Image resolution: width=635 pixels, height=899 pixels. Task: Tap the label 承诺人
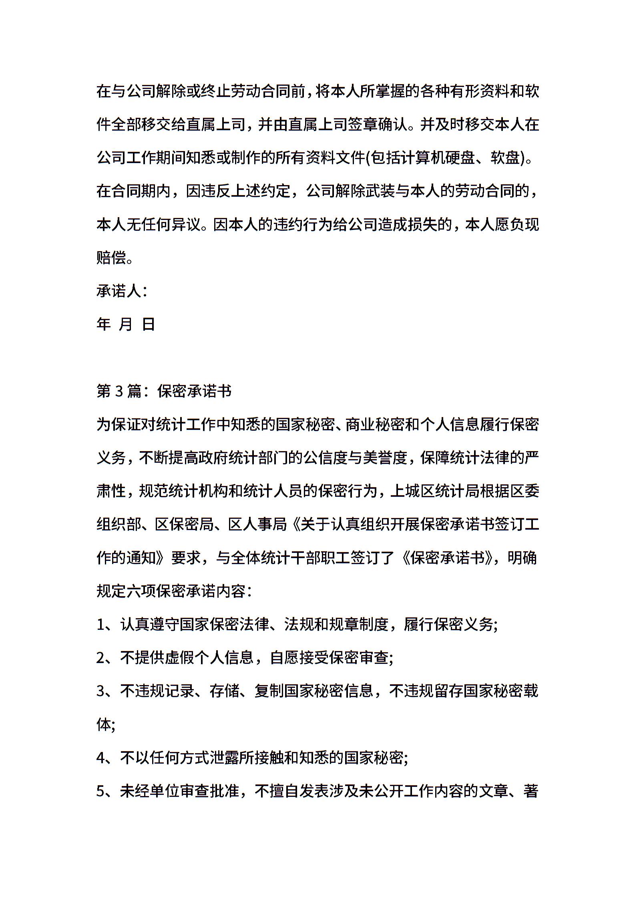click(x=119, y=291)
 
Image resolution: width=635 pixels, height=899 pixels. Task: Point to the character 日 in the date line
click(x=149, y=324)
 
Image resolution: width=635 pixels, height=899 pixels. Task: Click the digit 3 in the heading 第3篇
click(x=119, y=391)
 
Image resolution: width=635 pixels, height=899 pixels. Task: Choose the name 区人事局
click(x=258, y=524)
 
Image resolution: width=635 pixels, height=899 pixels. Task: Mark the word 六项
click(x=141, y=591)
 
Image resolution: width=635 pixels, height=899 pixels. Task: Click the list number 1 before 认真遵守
click(x=100, y=625)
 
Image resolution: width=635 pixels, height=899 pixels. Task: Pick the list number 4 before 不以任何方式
click(x=100, y=758)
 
